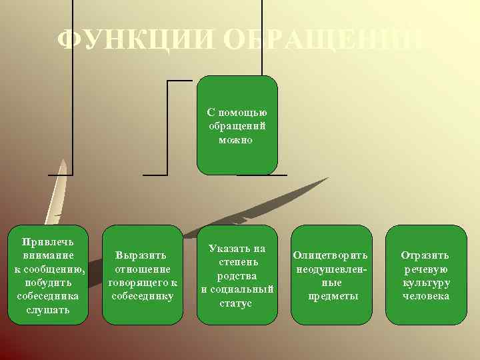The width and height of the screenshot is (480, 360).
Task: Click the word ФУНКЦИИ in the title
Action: pos(133,41)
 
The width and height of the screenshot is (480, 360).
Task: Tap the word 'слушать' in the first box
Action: pos(48,310)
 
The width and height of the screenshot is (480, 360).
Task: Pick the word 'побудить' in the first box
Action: pos(48,282)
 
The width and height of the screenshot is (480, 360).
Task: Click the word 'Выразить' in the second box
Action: pos(141,255)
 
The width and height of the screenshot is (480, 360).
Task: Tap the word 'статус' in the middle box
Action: pos(236,303)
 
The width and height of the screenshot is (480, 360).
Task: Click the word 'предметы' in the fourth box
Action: pos(332,296)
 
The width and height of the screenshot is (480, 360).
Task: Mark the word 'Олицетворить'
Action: pos(331,255)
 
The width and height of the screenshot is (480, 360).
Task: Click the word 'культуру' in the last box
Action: pos(425,282)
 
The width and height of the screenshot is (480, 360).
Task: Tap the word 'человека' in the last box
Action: pos(425,296)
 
